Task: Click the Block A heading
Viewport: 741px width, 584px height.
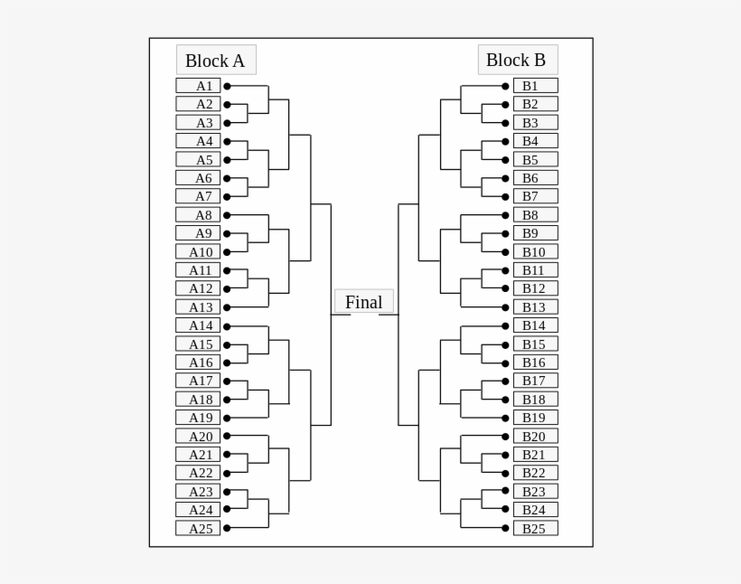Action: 216,61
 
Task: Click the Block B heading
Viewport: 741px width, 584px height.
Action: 517,60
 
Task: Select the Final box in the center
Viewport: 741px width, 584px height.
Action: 363,302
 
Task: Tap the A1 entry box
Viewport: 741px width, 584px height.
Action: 198,86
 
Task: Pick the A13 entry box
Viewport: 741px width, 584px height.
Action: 198,307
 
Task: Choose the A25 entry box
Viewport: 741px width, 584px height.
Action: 198,528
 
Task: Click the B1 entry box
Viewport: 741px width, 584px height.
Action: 535,86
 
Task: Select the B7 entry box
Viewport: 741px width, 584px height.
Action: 535,196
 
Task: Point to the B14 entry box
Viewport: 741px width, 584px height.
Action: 535,325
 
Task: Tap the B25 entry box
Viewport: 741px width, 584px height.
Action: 535,528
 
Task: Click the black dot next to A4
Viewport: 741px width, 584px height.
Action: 227,142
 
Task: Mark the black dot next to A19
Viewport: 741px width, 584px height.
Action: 227,418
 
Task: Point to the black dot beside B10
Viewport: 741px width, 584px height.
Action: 505,252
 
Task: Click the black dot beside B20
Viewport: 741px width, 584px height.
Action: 505,437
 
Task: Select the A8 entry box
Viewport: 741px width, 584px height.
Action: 198,215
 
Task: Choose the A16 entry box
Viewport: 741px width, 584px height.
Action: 198,363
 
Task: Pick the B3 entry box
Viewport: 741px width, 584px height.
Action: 535,123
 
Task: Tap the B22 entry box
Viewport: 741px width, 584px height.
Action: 535,473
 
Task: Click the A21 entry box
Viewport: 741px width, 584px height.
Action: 198,455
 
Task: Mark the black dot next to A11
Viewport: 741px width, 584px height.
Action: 227,270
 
